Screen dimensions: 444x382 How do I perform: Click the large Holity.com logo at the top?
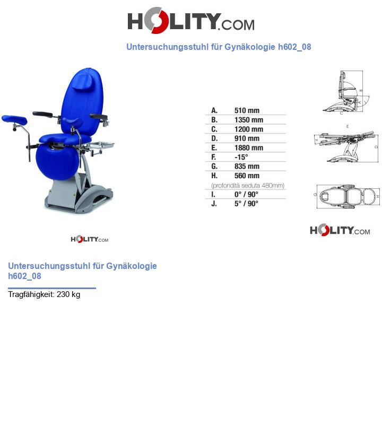coord(190,21)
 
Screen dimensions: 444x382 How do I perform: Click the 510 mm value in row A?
coord(247,110)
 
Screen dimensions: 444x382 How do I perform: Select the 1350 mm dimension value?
coord(248,120)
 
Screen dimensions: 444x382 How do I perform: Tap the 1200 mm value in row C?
coord(248,129)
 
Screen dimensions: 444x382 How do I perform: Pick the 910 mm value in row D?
coord(247,138)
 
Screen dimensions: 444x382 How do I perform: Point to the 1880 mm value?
coord(248,147)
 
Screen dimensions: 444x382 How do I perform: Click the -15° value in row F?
coord(241,157)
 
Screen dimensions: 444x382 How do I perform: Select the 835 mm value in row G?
coord(247,167)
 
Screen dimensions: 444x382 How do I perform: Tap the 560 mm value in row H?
coord(247,176)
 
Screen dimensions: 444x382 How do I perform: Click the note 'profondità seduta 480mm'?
coord(248,185)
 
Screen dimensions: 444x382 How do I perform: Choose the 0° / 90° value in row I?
coord(246,194)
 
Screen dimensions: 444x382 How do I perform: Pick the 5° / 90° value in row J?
coord(246,204)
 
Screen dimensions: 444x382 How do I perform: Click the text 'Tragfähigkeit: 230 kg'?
coord(44,294)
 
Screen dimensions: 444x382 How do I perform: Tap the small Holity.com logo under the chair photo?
coord(89,239)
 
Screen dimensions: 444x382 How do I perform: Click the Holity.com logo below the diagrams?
coord(340,230)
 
